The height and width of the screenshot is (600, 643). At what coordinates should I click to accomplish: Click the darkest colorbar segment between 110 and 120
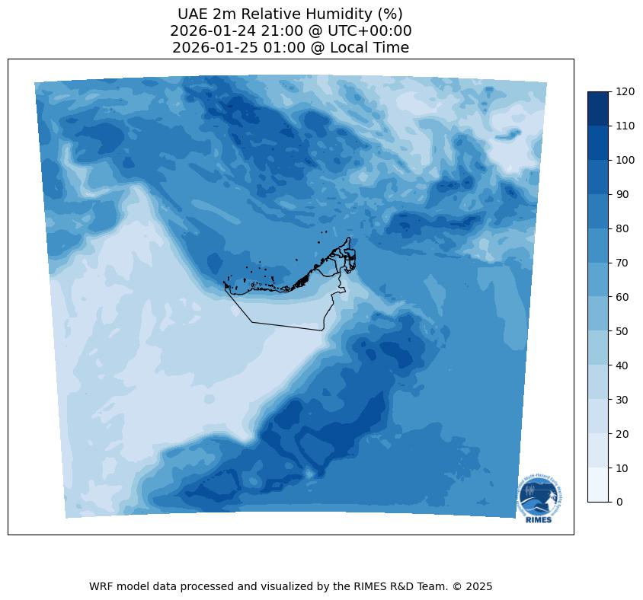click(599, 108)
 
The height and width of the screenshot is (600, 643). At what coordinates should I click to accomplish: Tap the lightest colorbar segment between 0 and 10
click(599, 484)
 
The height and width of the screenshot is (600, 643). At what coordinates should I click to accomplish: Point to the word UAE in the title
click(194, 14)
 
